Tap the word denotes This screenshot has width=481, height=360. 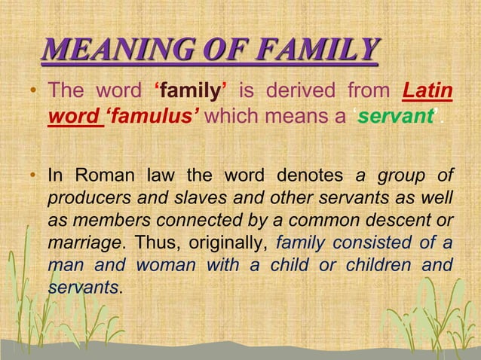(x=307, y=176)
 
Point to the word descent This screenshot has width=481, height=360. (x=406, y=221)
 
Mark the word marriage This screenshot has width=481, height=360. (x=83, y=244)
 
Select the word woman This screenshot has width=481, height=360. (x=170, y=267)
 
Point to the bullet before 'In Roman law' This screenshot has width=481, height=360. (x=33, y=178)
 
